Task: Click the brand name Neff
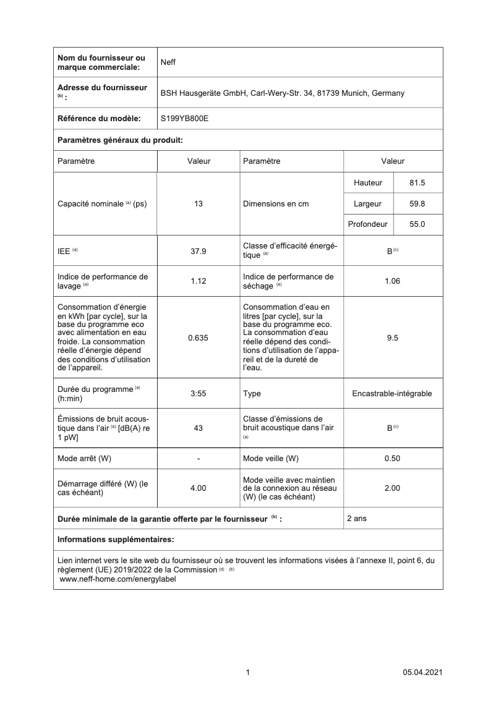click(168, 62)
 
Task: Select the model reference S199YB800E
click(184, 117)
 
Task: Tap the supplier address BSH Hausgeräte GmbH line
click(282, 93)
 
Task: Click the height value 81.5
click(417, 183)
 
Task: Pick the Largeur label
click(367, 203)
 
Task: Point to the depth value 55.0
click(417, 224)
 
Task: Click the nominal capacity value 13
click(199, 203)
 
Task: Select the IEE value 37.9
click(199, 251)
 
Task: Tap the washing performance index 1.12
click(199, 281)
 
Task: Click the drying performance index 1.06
click(392, 281)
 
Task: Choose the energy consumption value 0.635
click(199, 338)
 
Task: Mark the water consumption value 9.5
click(392, 338)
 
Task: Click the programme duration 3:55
click(199, 393)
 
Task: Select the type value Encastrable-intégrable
click(392, 393)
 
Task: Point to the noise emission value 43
click(199, 428)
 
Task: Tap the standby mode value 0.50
click(392, 458)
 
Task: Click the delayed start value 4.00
click(199, 488)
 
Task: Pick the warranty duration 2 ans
click(357, 519)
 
